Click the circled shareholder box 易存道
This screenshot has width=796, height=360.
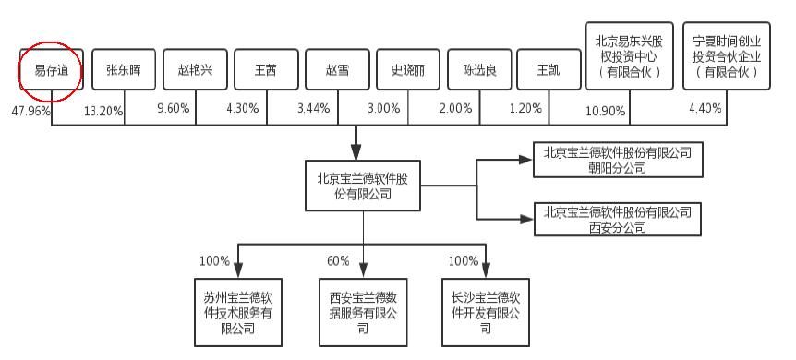[x=51, y=70]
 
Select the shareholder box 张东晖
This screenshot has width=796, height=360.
[x=124, y=70]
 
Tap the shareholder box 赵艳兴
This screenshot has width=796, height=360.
[x=195, y=70]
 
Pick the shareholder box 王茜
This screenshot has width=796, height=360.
[x=266, y=70]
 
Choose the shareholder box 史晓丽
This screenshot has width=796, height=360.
[x=408, y=70]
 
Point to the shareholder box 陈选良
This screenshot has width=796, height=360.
[x=479, y=70]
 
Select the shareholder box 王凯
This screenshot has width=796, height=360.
[x=549, y=70]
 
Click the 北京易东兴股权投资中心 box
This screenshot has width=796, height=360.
[x=629, y=57]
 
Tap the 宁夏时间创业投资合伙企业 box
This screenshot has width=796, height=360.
[x=727, y=57]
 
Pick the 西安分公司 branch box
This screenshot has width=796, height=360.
[x=618, y=218]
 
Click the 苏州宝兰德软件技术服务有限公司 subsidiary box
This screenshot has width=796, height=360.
[x=237, y=313]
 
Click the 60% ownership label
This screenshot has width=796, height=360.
[x=338, y=261]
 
